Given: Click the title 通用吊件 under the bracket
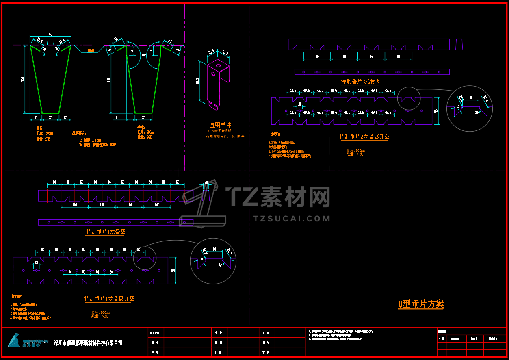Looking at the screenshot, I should pyautogui.click(x=220, y=125).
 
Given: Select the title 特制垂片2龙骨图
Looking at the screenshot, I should pyautogui.click(x=361, y=81).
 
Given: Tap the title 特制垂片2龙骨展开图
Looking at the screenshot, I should pyautogui.click(x=364, y=137).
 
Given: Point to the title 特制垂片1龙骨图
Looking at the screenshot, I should pyautogui.click(x=106, y=232).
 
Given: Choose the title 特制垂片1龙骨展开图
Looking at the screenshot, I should pyautogui.click(x=109, y=299).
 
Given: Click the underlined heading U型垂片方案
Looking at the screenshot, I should pyautogui.click(x=421, y=304).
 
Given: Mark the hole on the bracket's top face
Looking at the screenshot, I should pyautogui.click(x=218, y=65).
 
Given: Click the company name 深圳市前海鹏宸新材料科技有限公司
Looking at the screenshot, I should pyautogui.click(x=88, y=343).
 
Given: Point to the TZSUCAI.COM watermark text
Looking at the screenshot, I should pyautogui.click(x=292, y=219).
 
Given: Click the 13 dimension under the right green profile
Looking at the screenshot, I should pyautogui.click(x=117, y=118).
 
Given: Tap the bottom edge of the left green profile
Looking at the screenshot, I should pyautogui.click(x=50, y=113).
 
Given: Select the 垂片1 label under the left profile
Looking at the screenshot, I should pyautogui.click(x=40, y=128).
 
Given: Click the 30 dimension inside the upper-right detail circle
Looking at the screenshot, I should pyautogui.click(x=471, y=98).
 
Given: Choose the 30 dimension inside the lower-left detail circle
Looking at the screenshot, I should pyautogui.click(x=214, y=249).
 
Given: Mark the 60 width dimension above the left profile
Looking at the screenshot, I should pyautogui.click(x=50, y=34).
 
